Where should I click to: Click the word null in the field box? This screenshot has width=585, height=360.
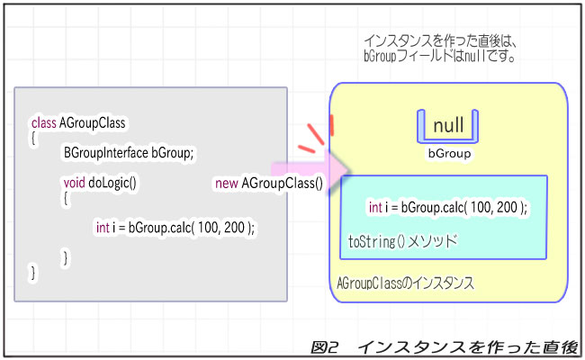pos(448,125)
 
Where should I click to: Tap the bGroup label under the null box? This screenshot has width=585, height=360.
pos(448,154)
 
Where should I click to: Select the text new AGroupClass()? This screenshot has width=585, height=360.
pos(268,183)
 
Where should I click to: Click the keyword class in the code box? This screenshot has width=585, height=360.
pos(43,122)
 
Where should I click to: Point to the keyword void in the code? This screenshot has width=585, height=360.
pos(74,183)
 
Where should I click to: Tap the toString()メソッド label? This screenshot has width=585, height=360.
pos(402,241)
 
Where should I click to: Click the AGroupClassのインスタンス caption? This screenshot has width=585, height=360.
pos(405,283)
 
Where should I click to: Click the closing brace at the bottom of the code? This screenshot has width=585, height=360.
pos(34,272)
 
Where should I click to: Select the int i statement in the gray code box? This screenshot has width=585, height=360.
pos(175,227)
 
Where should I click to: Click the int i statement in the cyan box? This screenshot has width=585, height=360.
pos(447,207)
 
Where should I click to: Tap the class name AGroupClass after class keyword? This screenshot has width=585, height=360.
pos(92,122)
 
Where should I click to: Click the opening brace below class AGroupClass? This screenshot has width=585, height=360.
pos(34,138)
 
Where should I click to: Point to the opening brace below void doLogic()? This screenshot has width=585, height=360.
pos(66,197)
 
